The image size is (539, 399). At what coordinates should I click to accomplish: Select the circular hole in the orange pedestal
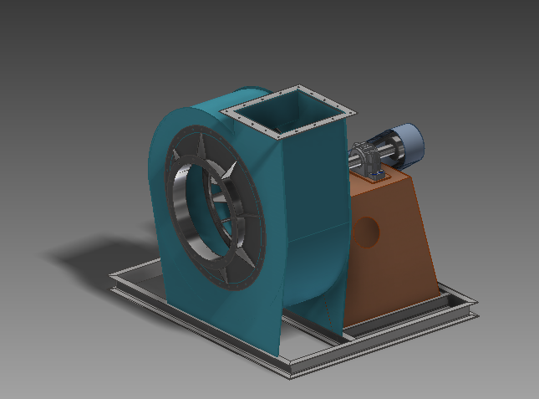click(x=369, y=230)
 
